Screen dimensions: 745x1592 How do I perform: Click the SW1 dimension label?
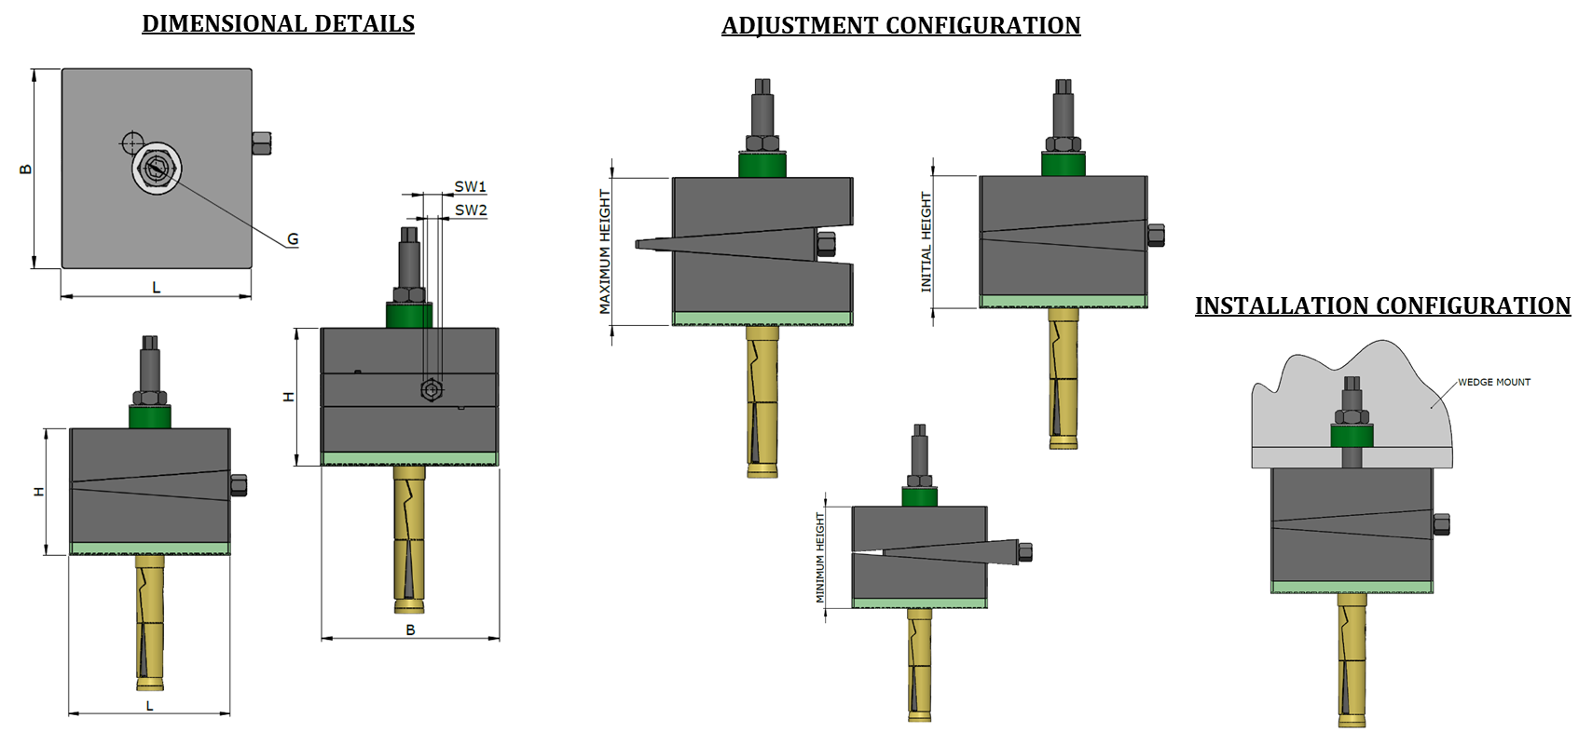coord(471,186)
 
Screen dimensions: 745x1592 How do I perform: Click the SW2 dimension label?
coord(471,210)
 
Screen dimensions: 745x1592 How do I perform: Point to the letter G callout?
coord(293,239)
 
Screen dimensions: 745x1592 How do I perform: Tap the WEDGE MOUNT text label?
coord(1494,382)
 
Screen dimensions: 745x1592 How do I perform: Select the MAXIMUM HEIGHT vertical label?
coord(605,251)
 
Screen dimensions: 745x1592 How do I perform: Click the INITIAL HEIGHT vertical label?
coord(926,242)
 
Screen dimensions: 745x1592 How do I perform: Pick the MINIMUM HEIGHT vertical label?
coord(820,557)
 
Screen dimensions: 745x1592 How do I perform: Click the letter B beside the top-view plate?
coord(26,169)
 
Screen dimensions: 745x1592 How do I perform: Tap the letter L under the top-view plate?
coord(156,288)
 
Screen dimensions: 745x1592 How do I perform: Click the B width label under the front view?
coord(410,630)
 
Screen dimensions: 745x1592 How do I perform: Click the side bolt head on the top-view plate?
coord(262,142)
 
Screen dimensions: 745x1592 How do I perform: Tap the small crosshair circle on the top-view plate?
coord(131,142)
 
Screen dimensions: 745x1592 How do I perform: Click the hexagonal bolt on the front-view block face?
coord(430,389)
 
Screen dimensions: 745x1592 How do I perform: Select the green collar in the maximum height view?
coord(762,165)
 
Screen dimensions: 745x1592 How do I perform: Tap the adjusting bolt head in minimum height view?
coord(1024,551)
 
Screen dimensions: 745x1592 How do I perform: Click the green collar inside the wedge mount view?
coord(1352,436)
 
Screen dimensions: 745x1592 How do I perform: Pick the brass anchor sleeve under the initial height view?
coord(1064,382)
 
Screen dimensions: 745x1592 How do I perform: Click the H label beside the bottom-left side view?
coord(39,492)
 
